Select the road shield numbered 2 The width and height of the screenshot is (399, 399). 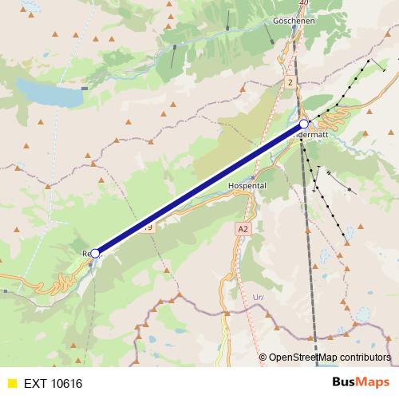[x=290, y=82]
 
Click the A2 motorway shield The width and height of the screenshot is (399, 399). [x=243, y=228]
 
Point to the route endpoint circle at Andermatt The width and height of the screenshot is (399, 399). [x=304, y=124]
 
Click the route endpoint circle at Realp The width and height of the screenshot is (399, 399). [x=95, y=253]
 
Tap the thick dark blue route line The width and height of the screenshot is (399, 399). [x=199, y=189]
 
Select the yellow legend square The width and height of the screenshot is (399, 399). [x=11, y=383]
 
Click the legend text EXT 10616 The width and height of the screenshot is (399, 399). [x=53, y=383]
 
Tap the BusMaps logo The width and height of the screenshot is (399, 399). [x=361, y=382]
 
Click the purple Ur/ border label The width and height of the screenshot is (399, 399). [x=258, y=296]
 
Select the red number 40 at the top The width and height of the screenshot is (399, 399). [x=302, y=3]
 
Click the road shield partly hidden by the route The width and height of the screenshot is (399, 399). [x=148, y=227]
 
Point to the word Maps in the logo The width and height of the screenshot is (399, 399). [x=373, y=382]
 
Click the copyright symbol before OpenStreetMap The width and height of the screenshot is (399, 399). [x=263, y=358]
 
